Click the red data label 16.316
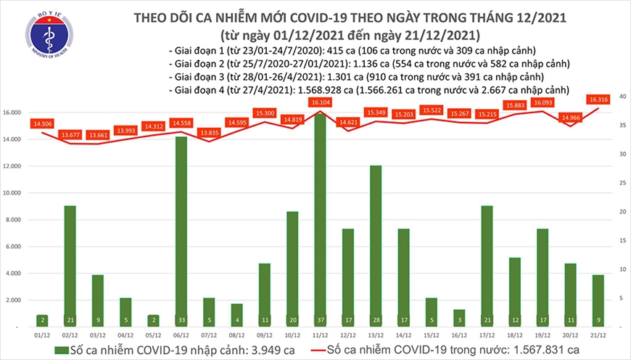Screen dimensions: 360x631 click(598, 100)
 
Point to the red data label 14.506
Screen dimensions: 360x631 click(41, 124)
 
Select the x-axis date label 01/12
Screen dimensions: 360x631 click(41, 335)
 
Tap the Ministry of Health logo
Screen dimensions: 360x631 click(49, 38)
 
